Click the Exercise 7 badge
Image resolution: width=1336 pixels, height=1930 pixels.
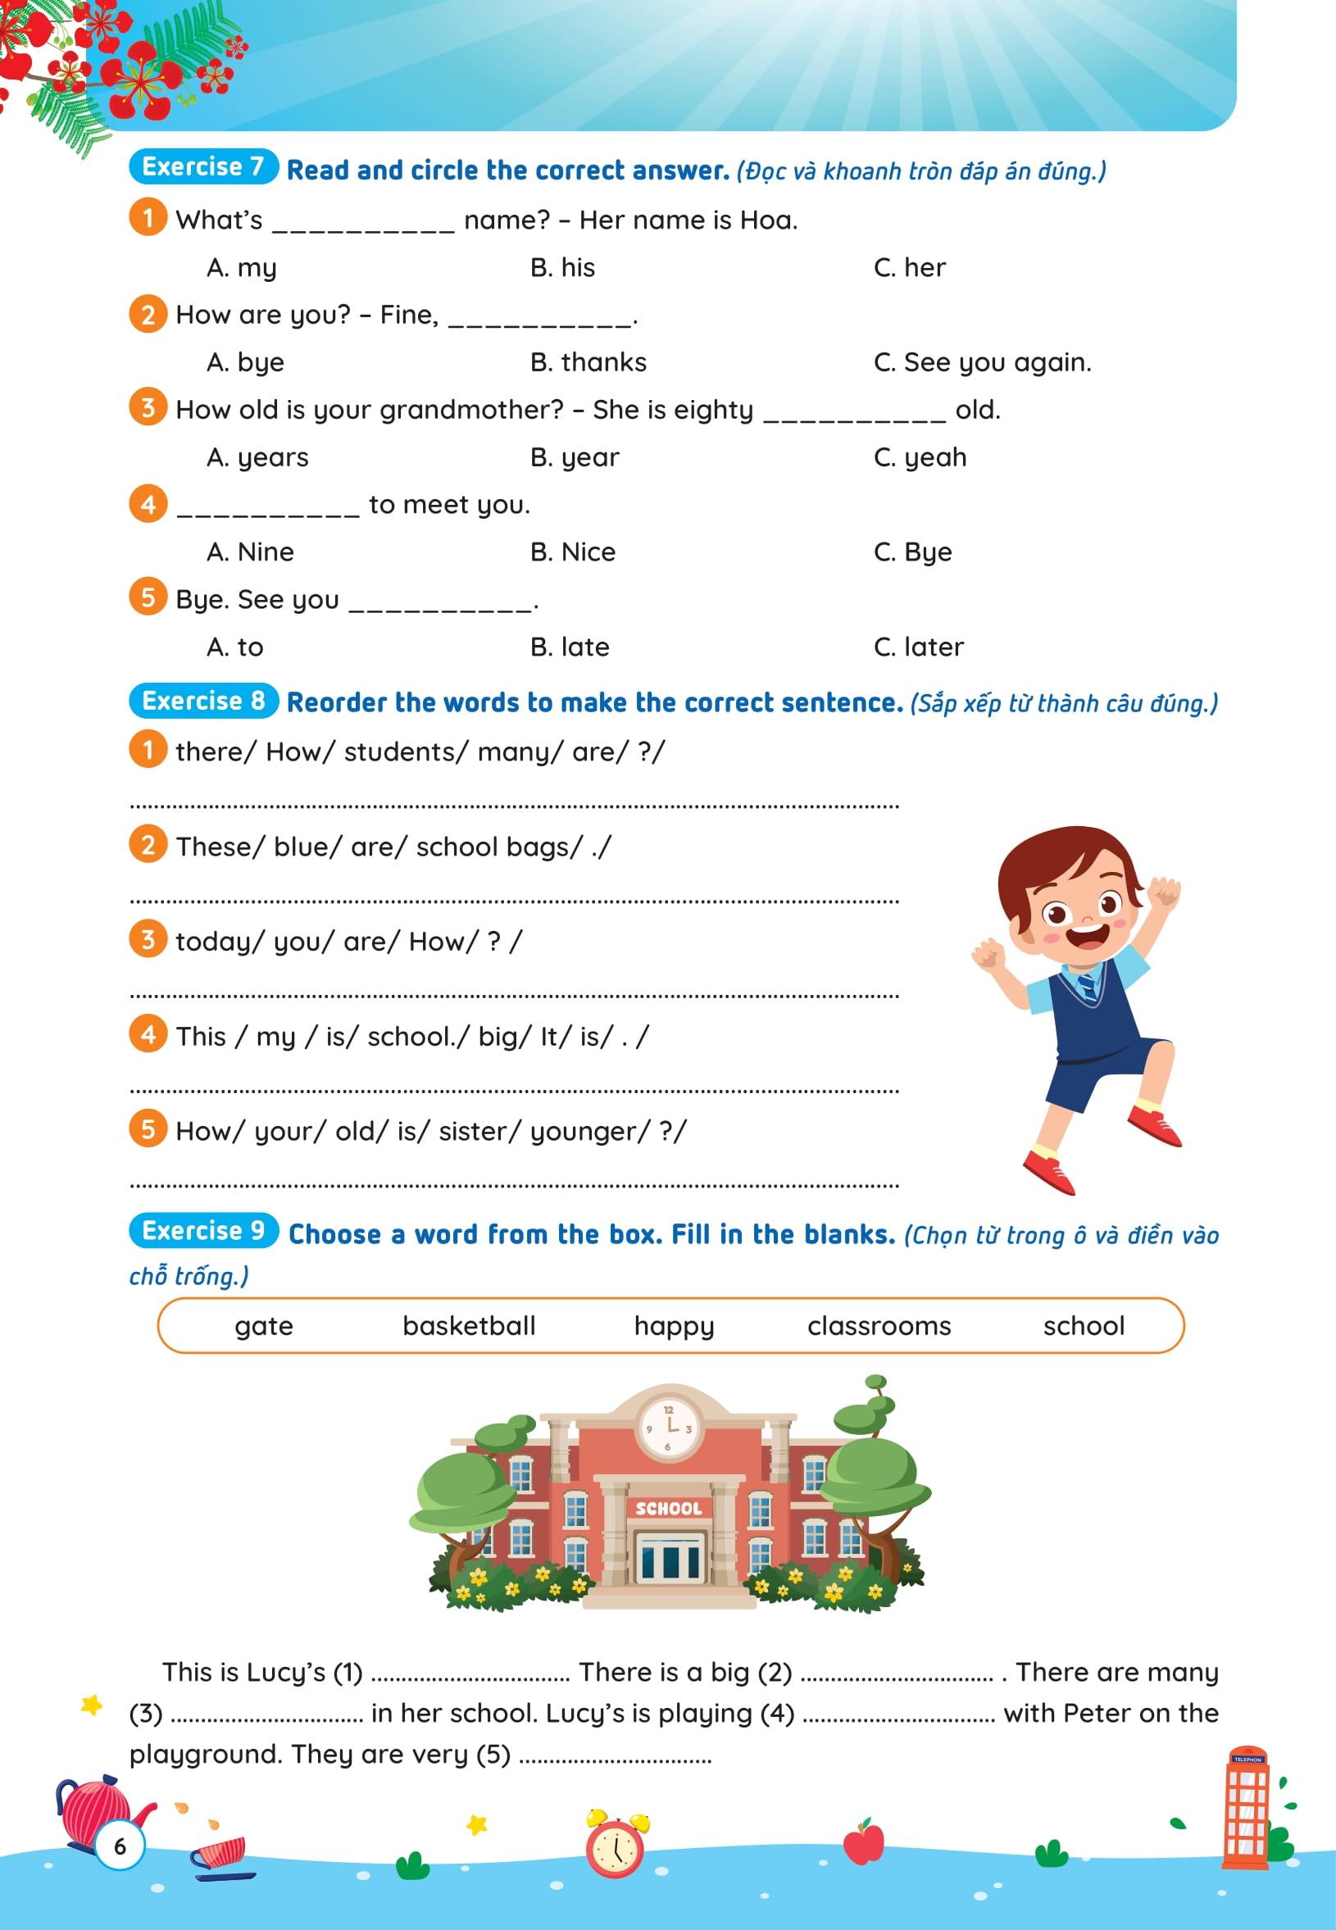click(x=202, y=167)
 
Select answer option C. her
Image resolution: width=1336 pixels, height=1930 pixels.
click(x=909, y=268)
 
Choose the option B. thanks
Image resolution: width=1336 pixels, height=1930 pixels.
click(x=588, y=362)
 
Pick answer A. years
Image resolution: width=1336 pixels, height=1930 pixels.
click(x=257, y=458)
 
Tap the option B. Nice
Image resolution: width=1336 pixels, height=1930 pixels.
click(x=573, y=552)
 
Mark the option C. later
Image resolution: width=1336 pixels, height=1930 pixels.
click(x=918, y=647)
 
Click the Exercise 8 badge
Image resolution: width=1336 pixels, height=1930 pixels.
click(x=202, y=701)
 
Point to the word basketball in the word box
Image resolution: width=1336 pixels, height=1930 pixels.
click(x=469, y=1326)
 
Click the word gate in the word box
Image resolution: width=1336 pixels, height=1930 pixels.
click(x=264, y=1327)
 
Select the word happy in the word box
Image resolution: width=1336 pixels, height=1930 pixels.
click(x=674, y=1327)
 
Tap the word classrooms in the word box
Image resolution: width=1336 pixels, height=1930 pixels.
click(x=879, y=1326)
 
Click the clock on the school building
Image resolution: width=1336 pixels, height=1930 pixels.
click(x=669, y=1428)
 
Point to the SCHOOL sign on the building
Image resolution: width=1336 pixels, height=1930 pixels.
click(x=668, y=1508)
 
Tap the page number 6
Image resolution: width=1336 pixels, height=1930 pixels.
click(x=120, y=1846)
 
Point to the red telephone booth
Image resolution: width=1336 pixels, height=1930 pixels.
click(x=1247, y=1809)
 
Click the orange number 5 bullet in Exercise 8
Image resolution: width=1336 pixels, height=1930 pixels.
click(x=148, y=1130)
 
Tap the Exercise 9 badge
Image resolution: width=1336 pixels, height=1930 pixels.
click(x=202, y=1230)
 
